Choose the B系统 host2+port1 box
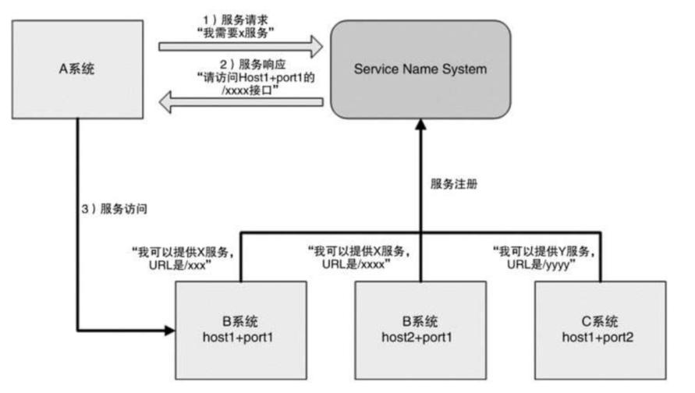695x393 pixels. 420,328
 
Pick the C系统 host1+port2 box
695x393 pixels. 600,328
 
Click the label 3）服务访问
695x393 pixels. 115,210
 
